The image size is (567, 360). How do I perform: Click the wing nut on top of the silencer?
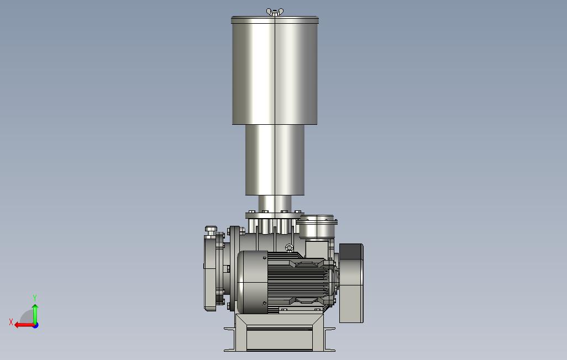click(275, 12)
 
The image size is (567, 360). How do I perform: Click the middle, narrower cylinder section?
click(275, 160)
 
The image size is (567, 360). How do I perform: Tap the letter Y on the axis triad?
click(35, 298)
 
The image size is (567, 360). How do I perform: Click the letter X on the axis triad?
click(11, 322)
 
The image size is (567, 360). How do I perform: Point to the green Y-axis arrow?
click(35, 315)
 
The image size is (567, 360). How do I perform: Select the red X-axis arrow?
click(24, 325)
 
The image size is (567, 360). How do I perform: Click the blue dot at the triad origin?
click(35, 325)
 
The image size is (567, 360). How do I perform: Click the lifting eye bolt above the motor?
click(289, 248)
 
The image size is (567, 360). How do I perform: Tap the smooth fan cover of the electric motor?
click(253, 282)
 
